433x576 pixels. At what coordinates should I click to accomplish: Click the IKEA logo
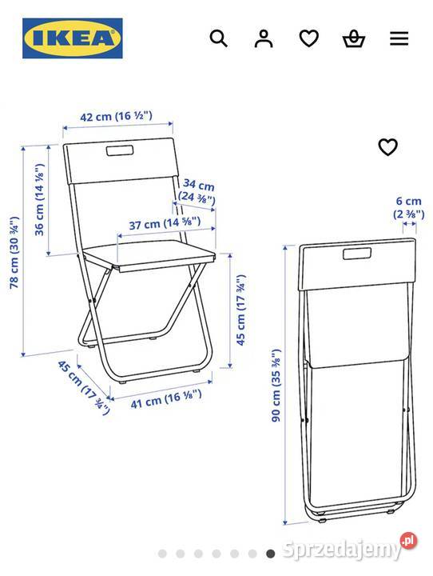click(x=73, y=38)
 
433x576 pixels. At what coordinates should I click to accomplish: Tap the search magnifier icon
click(x=218, y=38)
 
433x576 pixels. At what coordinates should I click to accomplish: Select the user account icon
click(x=264, y=38)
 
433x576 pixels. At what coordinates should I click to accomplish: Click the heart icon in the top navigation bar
click(x=308, y=38)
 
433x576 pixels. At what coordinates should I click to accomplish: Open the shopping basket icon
click(x=353, y=38)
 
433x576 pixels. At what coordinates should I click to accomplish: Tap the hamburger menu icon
click(x=399, y=38)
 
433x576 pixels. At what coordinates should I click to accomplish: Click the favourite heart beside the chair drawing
click(x=387, y=147)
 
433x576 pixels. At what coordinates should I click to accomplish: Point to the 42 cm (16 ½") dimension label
click(x=117, y=117)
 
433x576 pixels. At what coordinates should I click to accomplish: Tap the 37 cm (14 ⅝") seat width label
click(x=159, y=223)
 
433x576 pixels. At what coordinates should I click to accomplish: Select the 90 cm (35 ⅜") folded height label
click(x=276, y=386)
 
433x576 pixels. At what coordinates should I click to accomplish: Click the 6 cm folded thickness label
click(x=408, y=207)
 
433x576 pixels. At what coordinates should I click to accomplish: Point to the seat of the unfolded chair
click(x=152, y=258)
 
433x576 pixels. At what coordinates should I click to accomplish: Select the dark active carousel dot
click(x=271, y=553)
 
